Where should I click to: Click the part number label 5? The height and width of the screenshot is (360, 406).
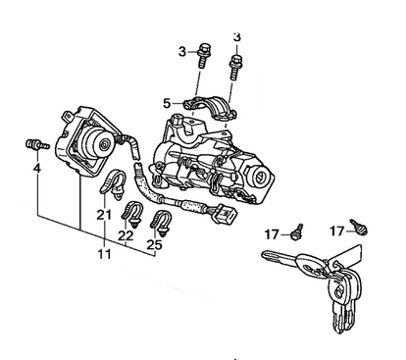(x=167, y=104)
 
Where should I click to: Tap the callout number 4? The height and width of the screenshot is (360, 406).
(x=37, y=169)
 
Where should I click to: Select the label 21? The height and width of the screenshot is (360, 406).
(x=104, y=215)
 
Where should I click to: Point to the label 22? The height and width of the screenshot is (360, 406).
(x=127, y=235)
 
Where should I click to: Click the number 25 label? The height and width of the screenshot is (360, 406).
(x=155, y=244)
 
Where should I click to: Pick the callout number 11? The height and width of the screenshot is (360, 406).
(x=105, y=254)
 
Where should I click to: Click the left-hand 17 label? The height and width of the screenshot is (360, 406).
(x=272, y=234)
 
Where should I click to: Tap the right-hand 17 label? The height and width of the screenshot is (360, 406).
(x=337, y=231)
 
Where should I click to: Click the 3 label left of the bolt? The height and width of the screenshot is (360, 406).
(x=182, y=52)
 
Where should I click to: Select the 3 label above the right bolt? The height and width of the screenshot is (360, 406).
(x=237, y=37)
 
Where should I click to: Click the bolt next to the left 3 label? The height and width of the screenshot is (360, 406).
(x=203, y=55)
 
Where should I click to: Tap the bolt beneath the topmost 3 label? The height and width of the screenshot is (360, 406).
(x=235, y=68)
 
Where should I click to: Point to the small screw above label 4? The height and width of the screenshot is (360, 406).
(x=37, y=145)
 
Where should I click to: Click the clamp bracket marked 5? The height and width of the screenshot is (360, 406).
(x=210, y=107)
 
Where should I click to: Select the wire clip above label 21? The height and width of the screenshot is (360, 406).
(x=113, y=184)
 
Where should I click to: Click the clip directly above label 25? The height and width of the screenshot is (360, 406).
(x=161, y=224)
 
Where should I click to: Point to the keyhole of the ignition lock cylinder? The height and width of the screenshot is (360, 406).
(x=260, y=177)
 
